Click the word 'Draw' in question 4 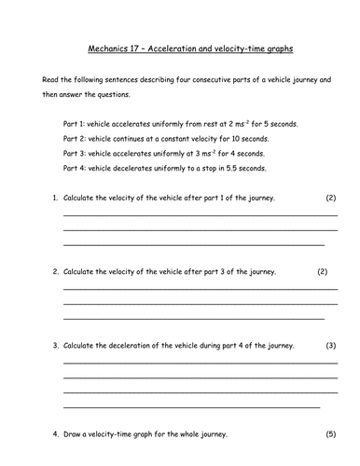coord(74,433)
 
